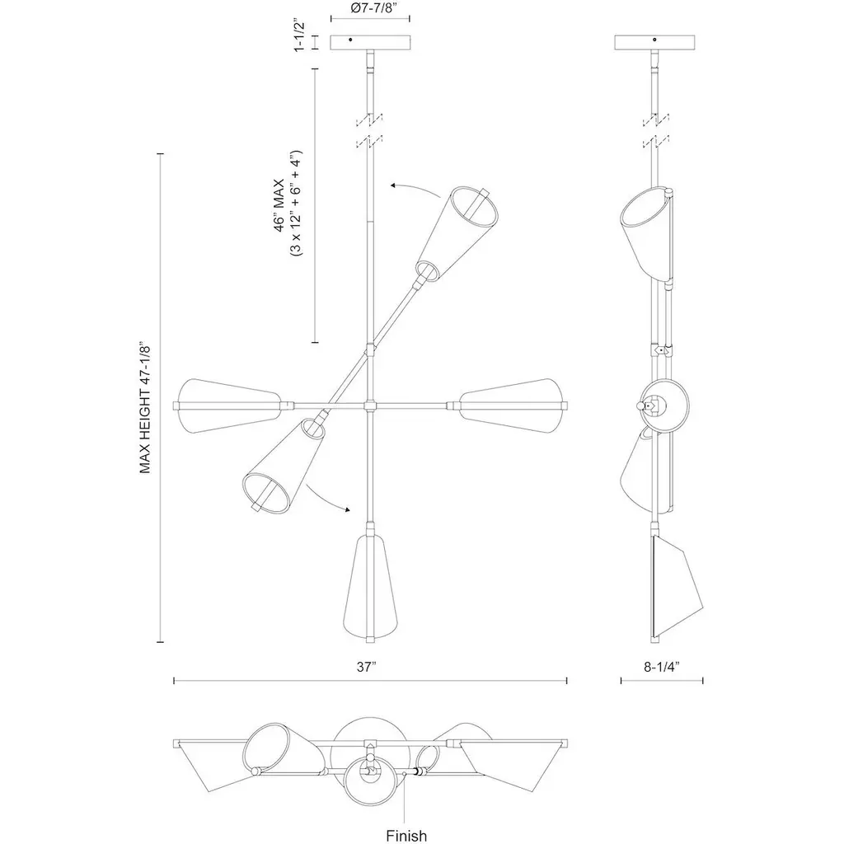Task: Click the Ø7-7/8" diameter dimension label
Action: point(370,7)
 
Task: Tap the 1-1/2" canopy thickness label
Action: point(300,35)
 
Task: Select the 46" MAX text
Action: point(280,205)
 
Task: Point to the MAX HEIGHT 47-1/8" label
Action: point(145,407)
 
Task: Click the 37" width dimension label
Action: point(366,667)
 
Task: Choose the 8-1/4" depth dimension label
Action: point(662,667)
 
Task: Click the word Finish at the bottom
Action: point(406,836)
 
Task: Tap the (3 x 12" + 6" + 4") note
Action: point(296,204)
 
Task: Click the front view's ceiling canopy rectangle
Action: point(370,43)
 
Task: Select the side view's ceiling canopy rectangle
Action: point(654,43)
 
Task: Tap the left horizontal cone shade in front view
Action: point(229,406)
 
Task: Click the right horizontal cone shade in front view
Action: point(513,406)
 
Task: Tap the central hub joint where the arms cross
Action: point(370,405)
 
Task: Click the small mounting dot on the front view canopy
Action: point(350,40)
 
